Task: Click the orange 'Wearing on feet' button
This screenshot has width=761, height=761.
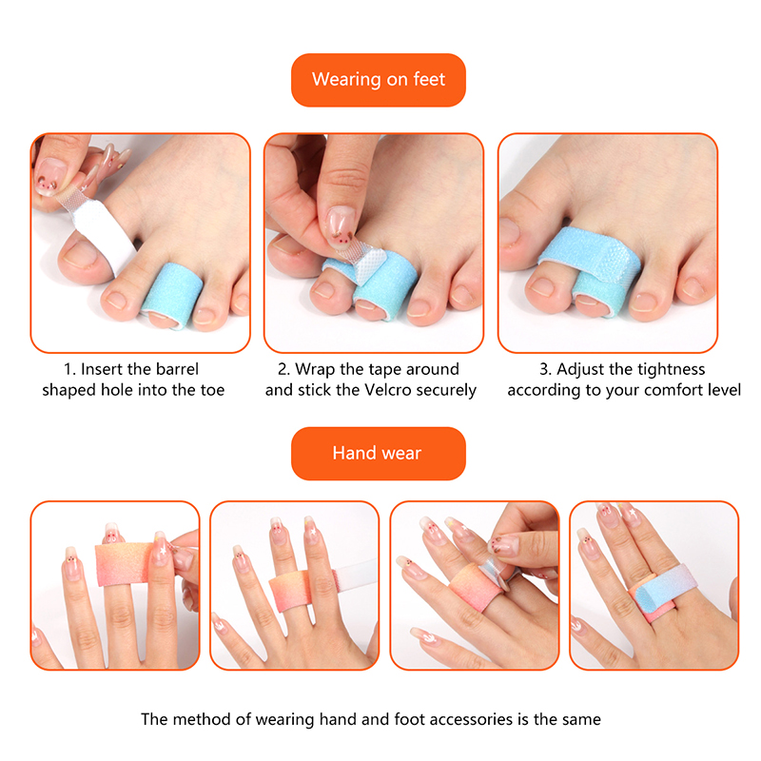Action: (x=378, y=80)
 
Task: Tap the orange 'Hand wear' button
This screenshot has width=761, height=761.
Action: (x=378, y=454)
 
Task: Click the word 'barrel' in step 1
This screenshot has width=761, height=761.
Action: (x=177, y=369)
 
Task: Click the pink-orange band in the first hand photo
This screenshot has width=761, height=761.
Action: (x=124, y=564)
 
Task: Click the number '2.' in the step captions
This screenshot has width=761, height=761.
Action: (x=283, y=369)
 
